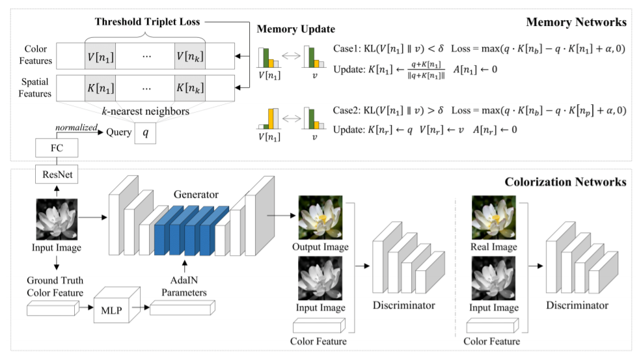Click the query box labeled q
pos(146,133)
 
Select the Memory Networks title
pos(576,22)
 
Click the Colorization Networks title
pos(565,181)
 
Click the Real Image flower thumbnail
pos(493,218)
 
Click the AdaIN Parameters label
pos(185,287)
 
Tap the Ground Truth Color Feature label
pos(56,287)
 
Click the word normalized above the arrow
pos(76,126)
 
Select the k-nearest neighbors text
pos(145,111)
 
